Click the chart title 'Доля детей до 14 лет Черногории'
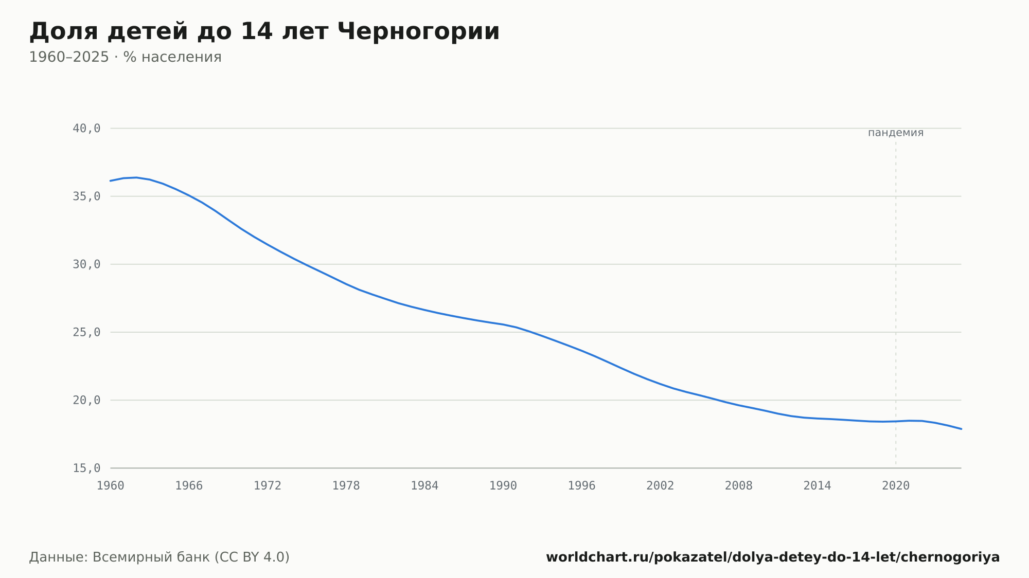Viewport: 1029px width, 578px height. (264, 32)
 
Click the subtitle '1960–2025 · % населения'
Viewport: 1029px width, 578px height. (125, 57)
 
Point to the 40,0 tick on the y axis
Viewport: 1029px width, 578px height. (86, 129)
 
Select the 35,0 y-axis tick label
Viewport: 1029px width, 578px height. (86, 196)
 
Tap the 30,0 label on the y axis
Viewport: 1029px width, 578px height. (86, 264)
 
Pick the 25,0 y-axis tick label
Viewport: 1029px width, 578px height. (86, 332)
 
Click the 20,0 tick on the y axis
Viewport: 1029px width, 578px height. (86, 400)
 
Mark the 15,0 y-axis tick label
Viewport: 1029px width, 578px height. (86, 468)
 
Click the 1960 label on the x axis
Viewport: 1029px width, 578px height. (111, 486)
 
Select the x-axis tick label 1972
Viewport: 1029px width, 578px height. (268, 486)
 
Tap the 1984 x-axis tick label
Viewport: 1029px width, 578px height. (424, 486)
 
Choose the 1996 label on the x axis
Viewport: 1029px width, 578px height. (581, 486)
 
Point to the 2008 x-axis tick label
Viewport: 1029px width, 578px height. (739, 486)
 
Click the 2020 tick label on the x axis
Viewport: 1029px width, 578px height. (896, 486)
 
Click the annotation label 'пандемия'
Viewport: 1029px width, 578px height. (896, 133)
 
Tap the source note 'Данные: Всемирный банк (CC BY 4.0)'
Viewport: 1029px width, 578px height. (159, 557)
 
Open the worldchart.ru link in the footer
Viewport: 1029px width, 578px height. (773, 557)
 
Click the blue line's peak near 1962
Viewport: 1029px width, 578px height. (136, 177)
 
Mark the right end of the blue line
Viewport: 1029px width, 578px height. (961, 429)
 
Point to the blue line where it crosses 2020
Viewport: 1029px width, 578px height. (896, 421)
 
